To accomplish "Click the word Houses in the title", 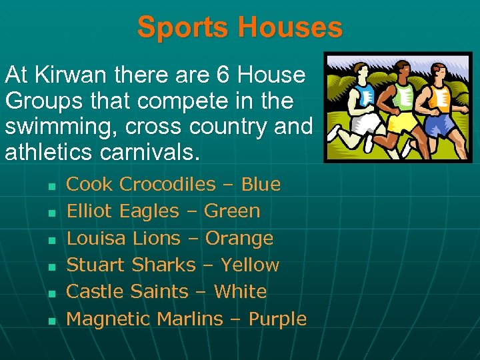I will coord(289,28).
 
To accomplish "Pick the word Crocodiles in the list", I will coord(168,184).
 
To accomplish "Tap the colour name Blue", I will coord(261,184).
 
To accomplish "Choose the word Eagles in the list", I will coord(149,211).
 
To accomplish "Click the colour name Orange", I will coord(239,238).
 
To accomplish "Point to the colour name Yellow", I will coord(250,265).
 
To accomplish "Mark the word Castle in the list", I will coord(95,291).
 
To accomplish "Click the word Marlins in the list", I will coord(190,319).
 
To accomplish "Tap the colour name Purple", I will coord(278,319).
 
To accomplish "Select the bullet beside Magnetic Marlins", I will coord(50,321).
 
